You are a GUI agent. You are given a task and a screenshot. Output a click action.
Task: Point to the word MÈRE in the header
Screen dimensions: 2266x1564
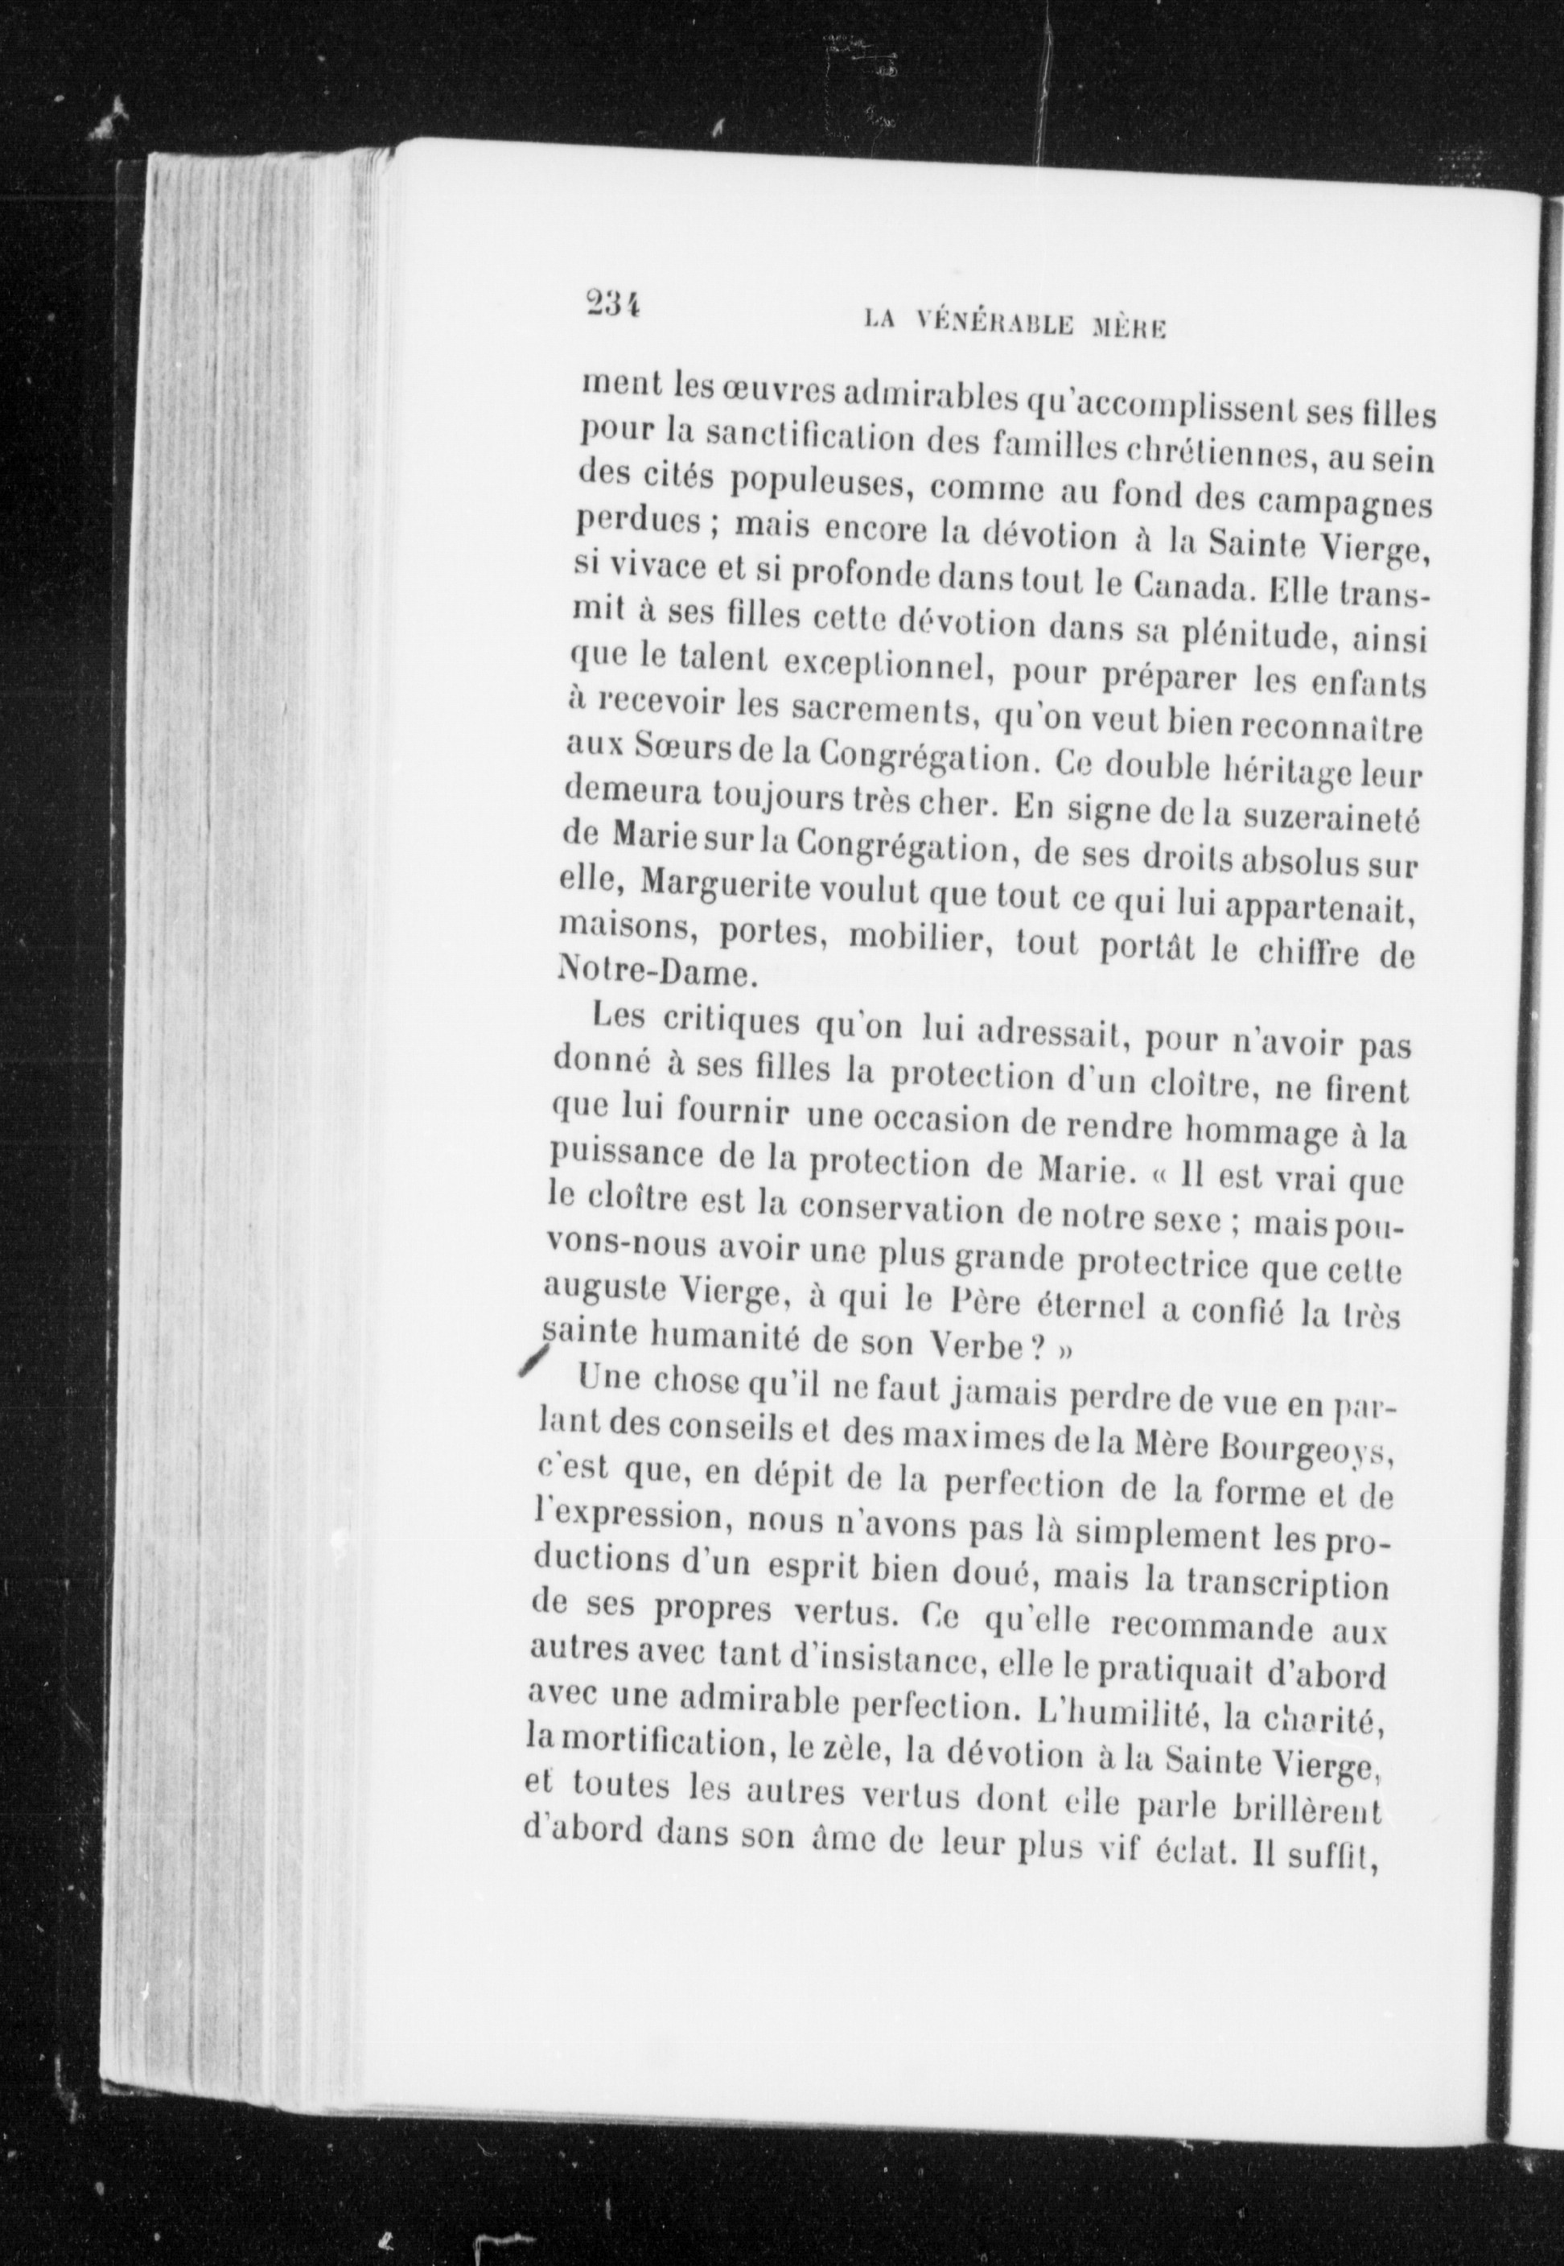tap(1127, 327)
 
